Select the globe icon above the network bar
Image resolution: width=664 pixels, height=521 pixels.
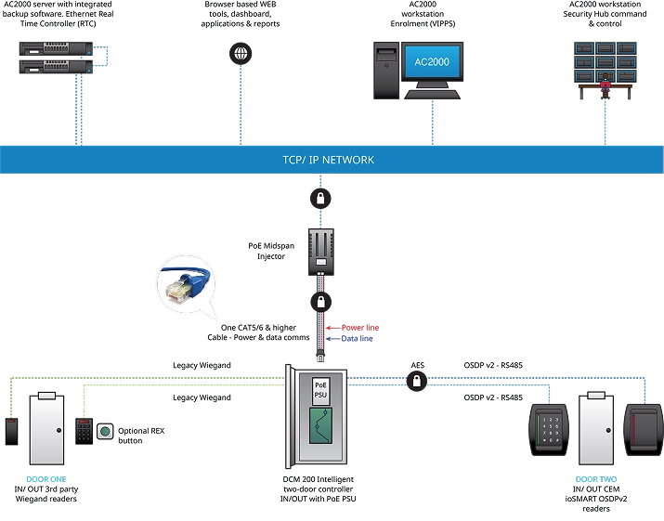240,53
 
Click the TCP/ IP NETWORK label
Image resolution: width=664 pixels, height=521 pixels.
328,160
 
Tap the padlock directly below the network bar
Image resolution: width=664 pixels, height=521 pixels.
319,199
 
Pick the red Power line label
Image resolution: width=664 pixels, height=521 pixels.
360,328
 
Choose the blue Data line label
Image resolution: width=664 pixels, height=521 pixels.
358,339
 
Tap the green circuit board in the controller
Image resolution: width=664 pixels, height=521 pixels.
320,437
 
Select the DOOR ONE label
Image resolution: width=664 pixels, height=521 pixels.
45,480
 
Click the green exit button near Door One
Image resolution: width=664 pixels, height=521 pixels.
105,431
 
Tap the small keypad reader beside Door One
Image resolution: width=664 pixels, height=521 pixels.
84,430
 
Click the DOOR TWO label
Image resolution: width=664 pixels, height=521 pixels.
594,480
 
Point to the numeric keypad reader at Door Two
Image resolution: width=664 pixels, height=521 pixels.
547,428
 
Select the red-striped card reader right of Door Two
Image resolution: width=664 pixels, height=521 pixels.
640,426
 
